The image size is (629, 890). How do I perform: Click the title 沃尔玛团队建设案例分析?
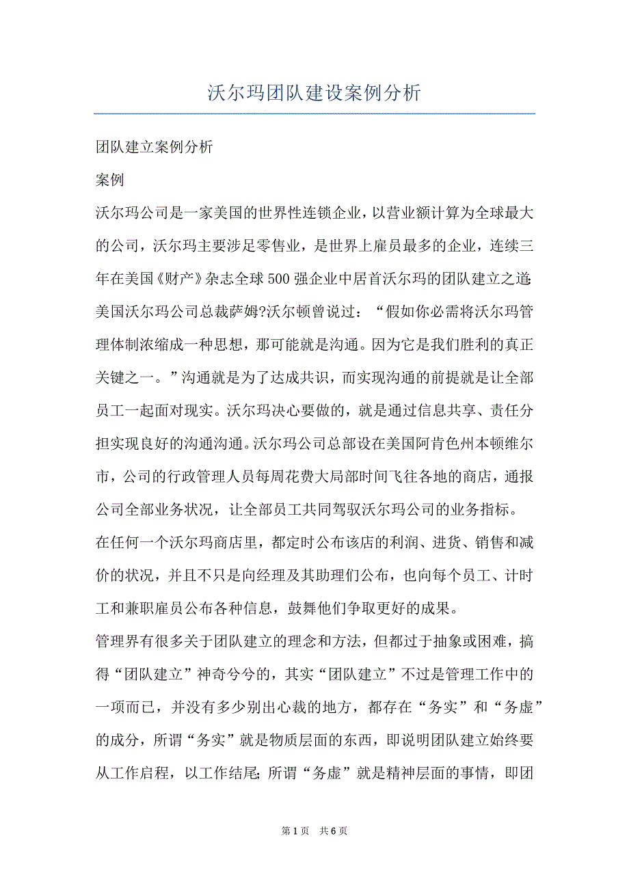314,93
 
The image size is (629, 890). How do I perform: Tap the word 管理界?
117,643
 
